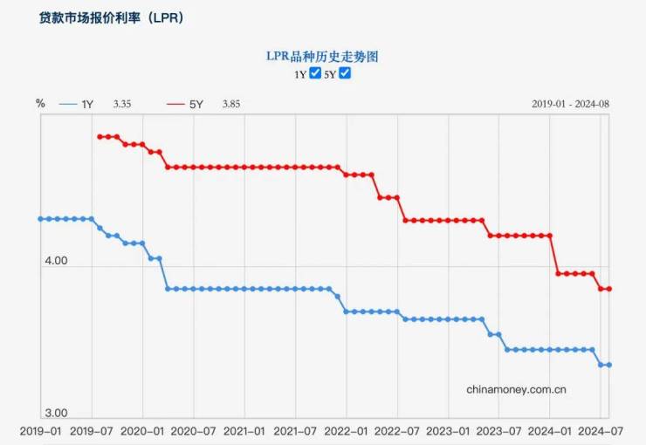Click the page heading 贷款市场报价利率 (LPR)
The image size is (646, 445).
[x=112, y=17]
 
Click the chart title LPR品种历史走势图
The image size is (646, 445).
[x=322, y=56]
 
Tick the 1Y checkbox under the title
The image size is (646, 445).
[x=316, y=73]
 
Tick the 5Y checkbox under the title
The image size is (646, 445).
[x=345, y=73]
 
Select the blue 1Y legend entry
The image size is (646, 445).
[x=76, y=104]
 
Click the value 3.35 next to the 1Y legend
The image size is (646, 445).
[x=122, y=104]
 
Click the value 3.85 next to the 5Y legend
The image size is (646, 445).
[x=231, y=104]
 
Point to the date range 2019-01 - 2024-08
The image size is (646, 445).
[x=571, y=104]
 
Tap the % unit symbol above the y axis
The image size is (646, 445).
[x=40, y=103]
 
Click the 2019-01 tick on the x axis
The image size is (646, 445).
[x=40, y=430]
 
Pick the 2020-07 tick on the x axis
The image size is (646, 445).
[x=193, y=430]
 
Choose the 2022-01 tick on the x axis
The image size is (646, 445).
[x=347, y=430]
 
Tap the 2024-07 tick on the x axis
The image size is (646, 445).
[x=601, y=430]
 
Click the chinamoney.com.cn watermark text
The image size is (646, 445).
[x=517, y=389]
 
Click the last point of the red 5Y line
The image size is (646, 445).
[x=609, y=289]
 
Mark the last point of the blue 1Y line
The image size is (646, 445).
[x=609, y=365]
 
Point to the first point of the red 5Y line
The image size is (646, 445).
[x=100, y=136]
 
